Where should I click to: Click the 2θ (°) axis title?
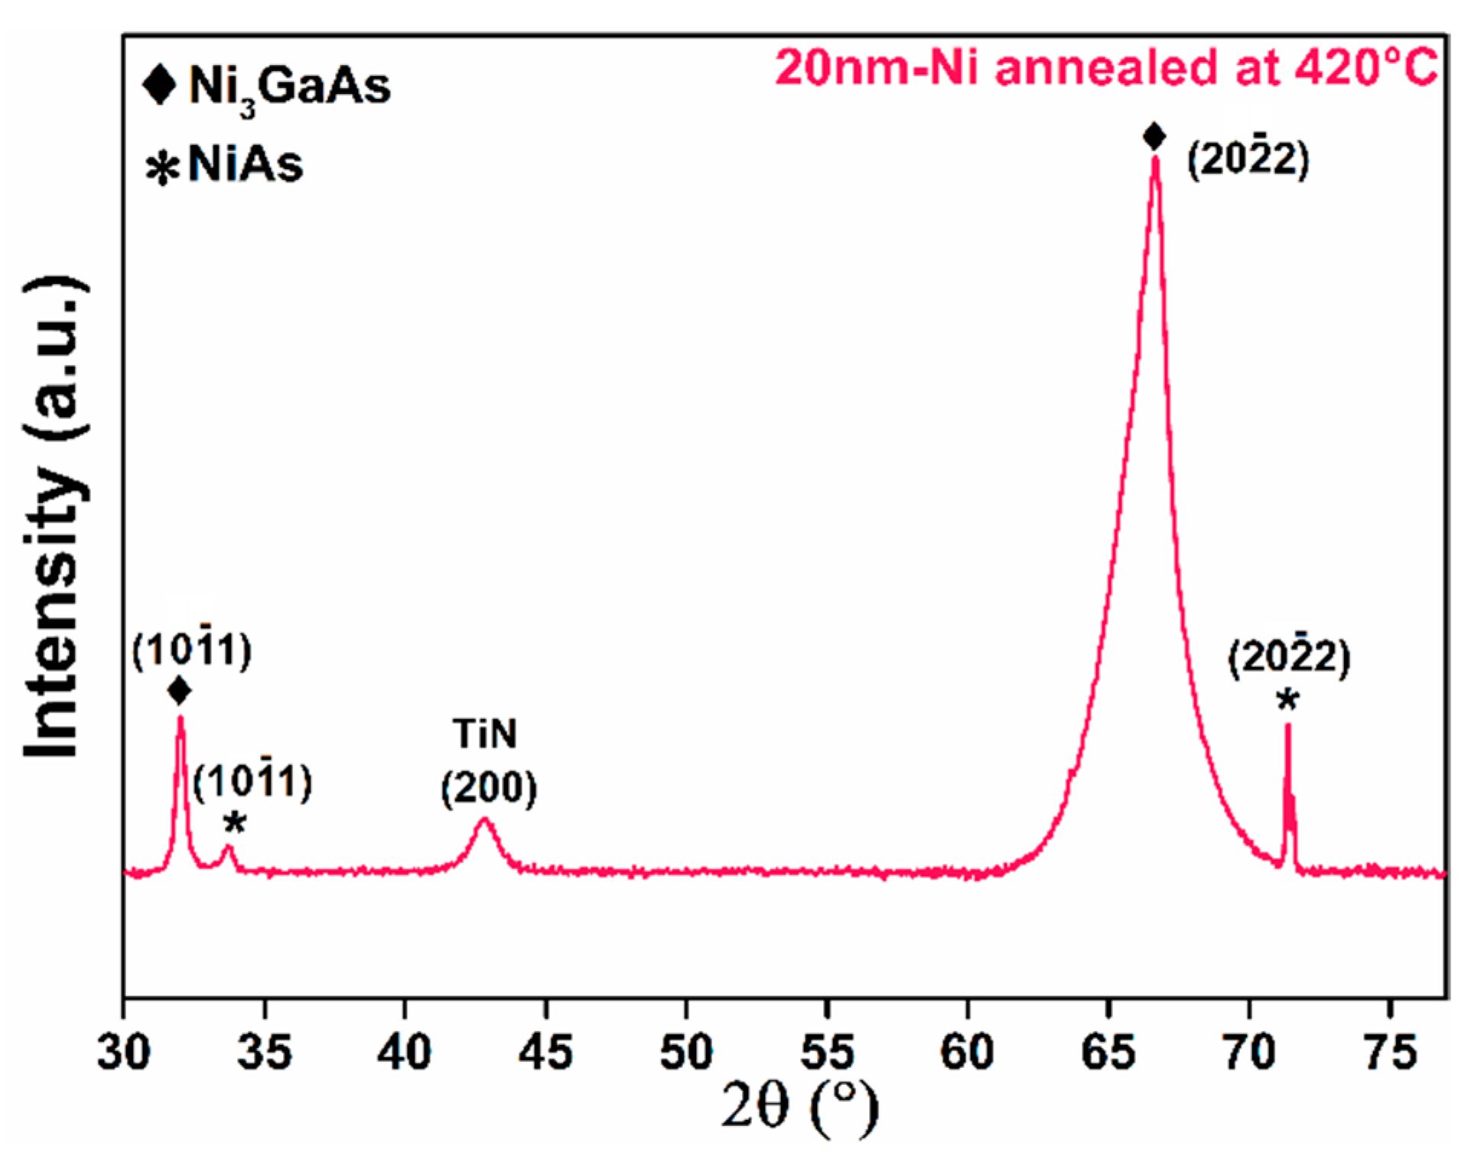(799, 1107)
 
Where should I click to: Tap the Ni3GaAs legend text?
(289, 86)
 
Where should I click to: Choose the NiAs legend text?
(246, 164)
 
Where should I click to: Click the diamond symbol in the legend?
(160, 84)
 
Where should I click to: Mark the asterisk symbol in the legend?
(162, 169)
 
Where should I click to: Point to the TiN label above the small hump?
(485, 734)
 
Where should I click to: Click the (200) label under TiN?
(489, 788)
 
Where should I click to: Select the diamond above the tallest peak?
(1154, 137)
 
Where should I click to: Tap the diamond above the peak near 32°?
(180, 691)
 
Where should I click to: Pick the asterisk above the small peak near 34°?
(235, 824)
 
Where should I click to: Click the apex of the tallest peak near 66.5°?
(1155, 159)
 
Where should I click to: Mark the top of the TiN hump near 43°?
(483, 820)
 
